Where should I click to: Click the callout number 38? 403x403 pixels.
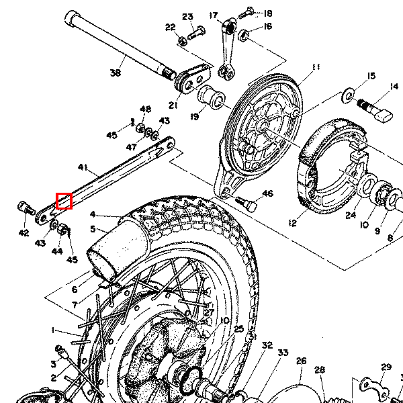pyautogui.click(x=115, y=73)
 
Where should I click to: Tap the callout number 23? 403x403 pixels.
pyautogui.click(x=187, y=17)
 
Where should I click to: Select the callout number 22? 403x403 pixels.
pyautogui.click(x=170, y=28)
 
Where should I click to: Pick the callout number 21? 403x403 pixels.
pyautogui.click(x=174, y=105)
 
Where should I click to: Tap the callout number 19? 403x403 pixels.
pyautogui.click(x=195, y=117)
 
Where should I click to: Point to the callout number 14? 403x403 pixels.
pyautogui.click(x=394, y=86)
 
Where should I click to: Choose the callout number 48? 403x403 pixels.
pyautogui.click(x=145, y=109)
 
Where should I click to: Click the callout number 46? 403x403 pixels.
pyautogui.click(x=267, y=194)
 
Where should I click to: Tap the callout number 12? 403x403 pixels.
pyautogui.click(x=292, y=222)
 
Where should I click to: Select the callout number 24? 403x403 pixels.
pyautogui.click(x=351, y=216)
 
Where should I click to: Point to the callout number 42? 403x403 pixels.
pyautogui.click(x=24, y=233)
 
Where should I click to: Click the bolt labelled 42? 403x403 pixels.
pyautogui.click(x=26, y=210)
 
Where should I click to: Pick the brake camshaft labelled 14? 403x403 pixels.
pyautogui.click(x=376, y=107)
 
